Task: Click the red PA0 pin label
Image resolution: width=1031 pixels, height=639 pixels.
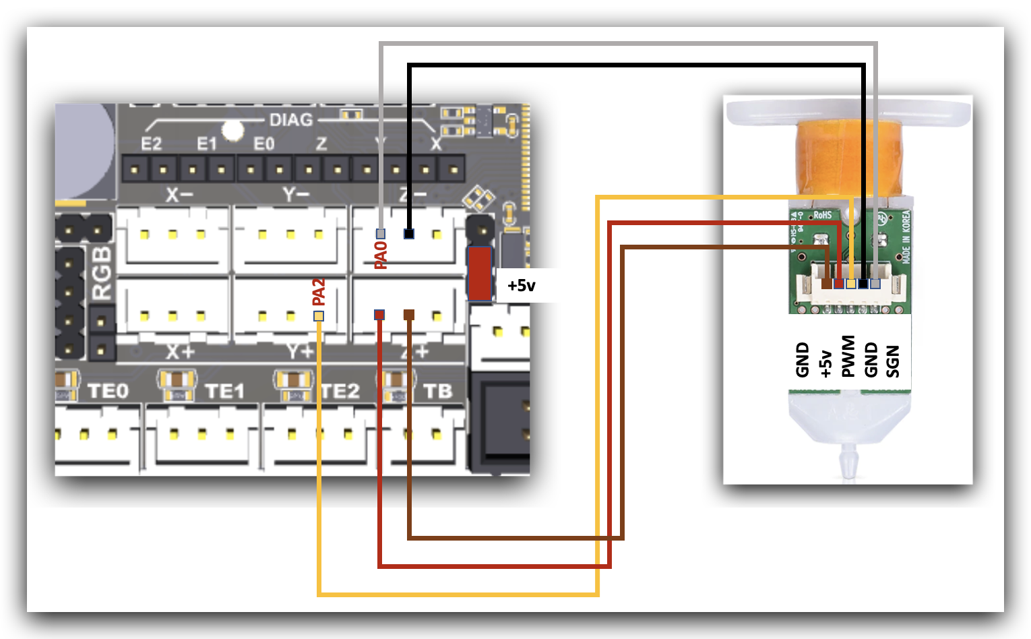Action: pos(381,255)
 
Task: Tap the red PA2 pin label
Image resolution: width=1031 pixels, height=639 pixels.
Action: pos(319,292)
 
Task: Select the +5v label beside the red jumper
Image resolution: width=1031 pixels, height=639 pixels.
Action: pos(522,286)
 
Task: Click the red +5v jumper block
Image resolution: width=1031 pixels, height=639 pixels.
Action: pos(479,273)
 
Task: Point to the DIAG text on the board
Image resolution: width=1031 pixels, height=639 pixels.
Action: pos(291,120)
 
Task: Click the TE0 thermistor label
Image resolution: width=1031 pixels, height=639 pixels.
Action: pos(108,392)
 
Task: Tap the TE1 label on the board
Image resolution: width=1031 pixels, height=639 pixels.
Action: pos(224,392)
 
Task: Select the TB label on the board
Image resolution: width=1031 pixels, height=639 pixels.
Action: pos(437,392)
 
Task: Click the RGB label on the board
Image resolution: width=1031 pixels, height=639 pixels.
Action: pos(102,272)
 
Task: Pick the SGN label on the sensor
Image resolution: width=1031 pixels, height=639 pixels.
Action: pos(893,361)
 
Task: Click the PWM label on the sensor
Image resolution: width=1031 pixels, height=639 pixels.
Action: pos(848,357)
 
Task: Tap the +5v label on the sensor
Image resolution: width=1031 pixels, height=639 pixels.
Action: pos(825,363)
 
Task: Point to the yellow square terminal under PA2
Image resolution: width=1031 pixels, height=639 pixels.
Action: pos(319,316)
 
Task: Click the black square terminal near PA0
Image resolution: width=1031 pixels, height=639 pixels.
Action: pos(409,234)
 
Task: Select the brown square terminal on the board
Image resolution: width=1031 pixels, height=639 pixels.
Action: pos(409,315)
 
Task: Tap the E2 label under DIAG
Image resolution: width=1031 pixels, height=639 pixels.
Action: pos(152,144)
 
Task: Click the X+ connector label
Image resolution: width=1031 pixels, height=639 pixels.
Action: pos(180,352)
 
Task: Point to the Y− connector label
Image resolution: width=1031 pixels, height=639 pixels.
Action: pos(296,195)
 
